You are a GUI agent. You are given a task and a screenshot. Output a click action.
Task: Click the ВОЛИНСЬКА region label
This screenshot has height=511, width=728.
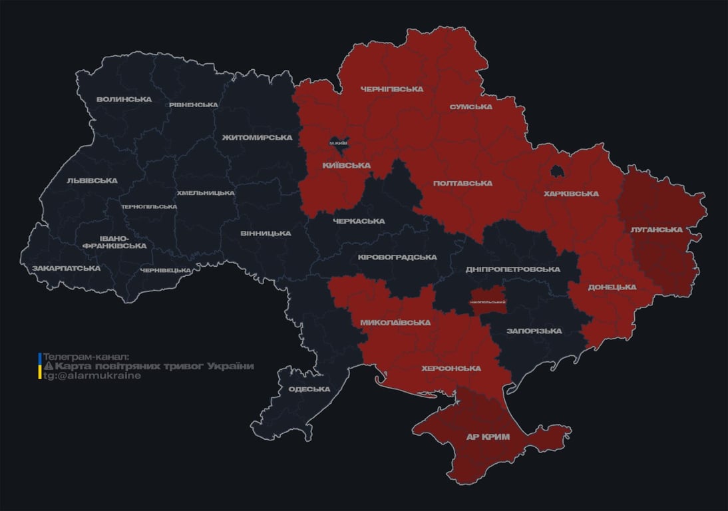click(x=124, y=99)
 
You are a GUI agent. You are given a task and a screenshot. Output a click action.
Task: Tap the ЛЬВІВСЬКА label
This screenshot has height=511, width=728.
click(x=92, y=180)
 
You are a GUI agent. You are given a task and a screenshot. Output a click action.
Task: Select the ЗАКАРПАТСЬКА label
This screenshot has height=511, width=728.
click(x=66, y=268)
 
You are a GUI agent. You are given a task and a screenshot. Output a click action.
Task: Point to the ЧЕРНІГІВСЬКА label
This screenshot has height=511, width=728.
click(x=391, y=89)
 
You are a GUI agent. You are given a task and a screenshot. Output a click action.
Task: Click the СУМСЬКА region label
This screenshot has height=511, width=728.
click(x=470, y=106)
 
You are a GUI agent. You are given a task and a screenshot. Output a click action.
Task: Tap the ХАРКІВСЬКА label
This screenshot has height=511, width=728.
click(x=571, y=194)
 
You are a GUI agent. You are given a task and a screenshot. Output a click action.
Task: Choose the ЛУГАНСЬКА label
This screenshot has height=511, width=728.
click(x=656, y=230)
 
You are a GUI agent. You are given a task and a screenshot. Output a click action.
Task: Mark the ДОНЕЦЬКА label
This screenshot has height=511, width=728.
click(x=612, y=287)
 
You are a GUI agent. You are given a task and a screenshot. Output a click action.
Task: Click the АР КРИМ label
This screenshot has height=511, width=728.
click(x=488, y=437)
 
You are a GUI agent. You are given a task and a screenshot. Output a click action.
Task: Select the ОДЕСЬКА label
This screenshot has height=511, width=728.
click(x=309, y=389)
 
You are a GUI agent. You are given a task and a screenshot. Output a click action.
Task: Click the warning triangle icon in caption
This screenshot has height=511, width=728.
click(x=48, y=367)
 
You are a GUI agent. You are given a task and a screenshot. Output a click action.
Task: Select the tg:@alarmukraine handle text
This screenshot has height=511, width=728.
click(x=92, y=376)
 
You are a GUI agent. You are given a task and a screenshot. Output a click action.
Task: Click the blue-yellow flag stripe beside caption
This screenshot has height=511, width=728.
click(x=40, y=366)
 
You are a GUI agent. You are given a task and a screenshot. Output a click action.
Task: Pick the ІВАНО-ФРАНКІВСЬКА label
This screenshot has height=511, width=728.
click(x=114, y=242)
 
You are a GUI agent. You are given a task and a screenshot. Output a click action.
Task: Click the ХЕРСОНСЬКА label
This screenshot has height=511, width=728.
click(x=451, y=368)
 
